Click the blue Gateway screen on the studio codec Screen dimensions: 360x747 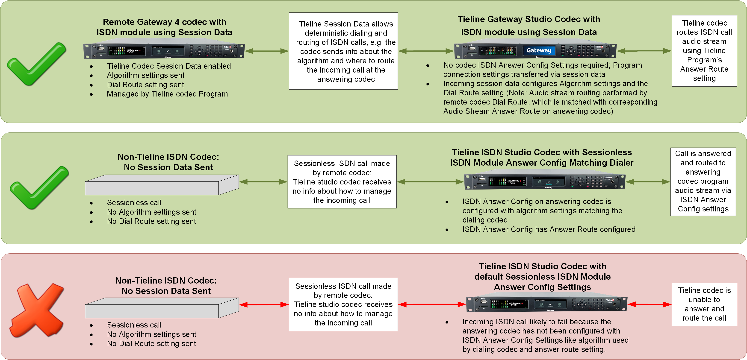tap(539, 50)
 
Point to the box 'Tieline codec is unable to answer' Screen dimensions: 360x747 tap(704, 304)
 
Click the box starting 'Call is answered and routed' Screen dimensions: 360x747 tap(703, 181)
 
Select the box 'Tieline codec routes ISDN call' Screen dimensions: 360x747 tap(704, 51)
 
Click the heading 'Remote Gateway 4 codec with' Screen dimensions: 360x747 tap(164, 22)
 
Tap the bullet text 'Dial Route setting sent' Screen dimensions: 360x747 tap(145, 85)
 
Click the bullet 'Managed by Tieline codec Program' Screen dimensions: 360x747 tap(167, 94)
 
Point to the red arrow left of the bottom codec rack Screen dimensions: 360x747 tap(432, 304)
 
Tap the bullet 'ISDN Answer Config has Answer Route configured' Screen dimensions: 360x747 tap(549, 229)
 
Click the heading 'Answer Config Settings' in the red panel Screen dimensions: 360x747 tap(542, 287)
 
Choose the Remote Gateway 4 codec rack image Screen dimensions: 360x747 tap(164, 51)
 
